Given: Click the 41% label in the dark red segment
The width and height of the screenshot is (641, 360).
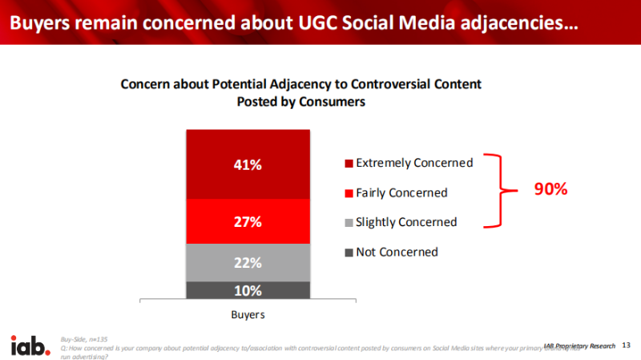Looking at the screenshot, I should (x=248, y=164).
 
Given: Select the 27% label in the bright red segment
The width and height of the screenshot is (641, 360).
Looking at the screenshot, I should (x=248, y=222).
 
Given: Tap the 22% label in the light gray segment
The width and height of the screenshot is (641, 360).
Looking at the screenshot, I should (x=248, y=262).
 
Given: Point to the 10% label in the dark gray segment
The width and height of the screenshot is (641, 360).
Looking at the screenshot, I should (x=248, y=290).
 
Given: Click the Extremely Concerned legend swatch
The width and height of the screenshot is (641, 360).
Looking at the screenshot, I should (x=349, y=164).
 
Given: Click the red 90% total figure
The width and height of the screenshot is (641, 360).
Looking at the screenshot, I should (x=550, y=190).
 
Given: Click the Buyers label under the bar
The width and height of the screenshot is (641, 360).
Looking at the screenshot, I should (x=248, y=315).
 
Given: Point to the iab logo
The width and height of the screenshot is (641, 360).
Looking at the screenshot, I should (x=27, y=346).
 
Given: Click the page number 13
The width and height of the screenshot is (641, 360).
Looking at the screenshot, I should (x=627, y=346).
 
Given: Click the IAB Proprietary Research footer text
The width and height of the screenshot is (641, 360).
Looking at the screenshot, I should (x=580, y=346).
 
